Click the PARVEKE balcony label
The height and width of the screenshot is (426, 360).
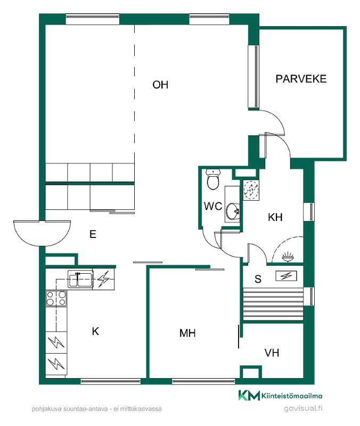301,79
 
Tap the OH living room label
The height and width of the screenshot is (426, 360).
160,85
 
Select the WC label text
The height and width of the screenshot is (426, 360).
213,206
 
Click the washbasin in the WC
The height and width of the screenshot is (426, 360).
233,211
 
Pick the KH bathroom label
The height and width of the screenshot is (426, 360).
275,217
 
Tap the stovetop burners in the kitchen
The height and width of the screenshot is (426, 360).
56,298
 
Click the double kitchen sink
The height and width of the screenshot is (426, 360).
80,279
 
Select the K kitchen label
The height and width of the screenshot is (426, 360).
95,331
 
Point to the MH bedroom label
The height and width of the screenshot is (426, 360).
187,333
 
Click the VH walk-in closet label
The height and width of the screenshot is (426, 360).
272,353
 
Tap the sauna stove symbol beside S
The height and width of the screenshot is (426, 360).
286,276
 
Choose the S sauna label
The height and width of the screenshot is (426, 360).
258,279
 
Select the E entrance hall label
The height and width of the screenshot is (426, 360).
93,234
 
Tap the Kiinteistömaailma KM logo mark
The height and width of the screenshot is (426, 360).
249,395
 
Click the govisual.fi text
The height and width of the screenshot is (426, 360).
303,408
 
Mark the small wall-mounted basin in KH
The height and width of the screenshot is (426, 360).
288,257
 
